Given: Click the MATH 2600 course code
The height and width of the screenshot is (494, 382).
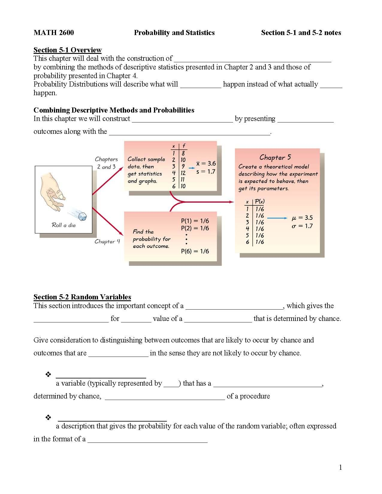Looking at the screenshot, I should pyautogui.click(x=54, y=33).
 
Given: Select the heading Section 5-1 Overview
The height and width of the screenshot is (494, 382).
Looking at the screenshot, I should pyautogui.click(x=67, y=50).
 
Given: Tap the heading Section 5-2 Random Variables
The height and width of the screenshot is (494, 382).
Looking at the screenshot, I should pyautogui.click(x=82, y=297).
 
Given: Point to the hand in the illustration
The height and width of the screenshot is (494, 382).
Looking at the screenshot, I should pyautogui.click(x=54, y=192).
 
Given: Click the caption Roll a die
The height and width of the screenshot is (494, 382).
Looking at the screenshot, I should pyautogui.click(x=64, y=225).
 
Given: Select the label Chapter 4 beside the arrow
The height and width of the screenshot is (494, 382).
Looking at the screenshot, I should pyautogui.click(x=107, y=241).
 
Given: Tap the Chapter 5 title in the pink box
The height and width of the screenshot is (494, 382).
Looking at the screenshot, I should pyautogui.click(x=275, y=157).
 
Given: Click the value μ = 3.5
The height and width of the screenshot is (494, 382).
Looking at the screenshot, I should pyautogui.click(x=302, y=218).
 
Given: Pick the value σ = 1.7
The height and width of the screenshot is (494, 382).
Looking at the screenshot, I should pyautogui.click(x=302, y=226).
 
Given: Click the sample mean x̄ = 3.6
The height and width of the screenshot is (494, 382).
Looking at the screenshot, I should pyautogui.click(x=206, y=163).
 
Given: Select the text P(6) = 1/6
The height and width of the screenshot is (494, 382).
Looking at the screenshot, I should pyautogui.click(x=195, y=251).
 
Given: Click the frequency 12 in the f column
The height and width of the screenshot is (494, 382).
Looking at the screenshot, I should pyautogui.click(x=183, y=173).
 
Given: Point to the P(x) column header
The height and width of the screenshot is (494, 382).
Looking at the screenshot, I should pyautogui.click(x=259, y=201).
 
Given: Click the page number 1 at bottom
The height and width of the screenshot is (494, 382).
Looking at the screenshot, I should pyautogui.click(x=340, y=467).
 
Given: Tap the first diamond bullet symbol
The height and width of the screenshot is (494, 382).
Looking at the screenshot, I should pyautogui.click(x=48, y=374).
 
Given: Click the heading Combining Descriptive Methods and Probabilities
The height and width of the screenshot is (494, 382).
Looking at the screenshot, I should pyautogui.click(x=114, y=110).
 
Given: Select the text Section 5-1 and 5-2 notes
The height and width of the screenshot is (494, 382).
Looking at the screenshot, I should pyautogui.click(x=301, y=33).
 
